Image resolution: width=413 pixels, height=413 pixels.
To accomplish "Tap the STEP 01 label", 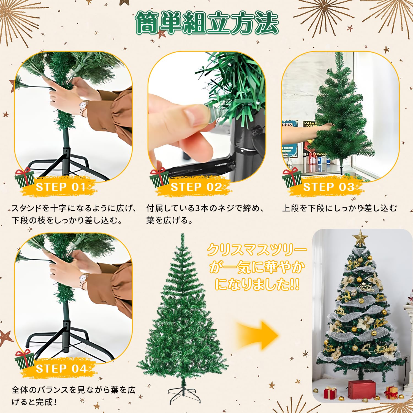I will (61, 187).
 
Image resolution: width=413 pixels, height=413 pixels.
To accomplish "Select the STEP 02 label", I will (196, 187).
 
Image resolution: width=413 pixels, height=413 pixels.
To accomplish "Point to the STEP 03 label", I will (328, 187).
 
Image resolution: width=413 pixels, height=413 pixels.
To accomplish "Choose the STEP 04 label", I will (61, 368).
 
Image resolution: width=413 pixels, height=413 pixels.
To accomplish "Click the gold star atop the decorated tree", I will (360, 238).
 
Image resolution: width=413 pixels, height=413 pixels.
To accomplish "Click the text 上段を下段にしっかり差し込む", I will (339, 208).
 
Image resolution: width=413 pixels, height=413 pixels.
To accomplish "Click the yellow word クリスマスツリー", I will (257, 250).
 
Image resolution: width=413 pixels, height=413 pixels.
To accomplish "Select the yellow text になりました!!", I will (257, 284).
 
